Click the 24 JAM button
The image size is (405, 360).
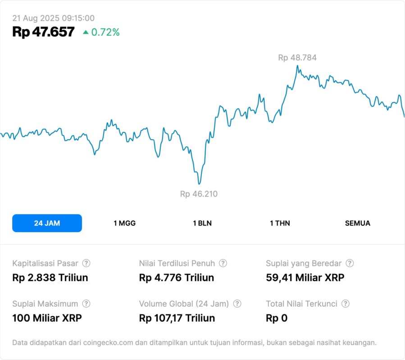(x=47, y=223)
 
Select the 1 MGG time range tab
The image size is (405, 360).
(x=124, y=223)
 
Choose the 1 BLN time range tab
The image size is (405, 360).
(x=202, y=223)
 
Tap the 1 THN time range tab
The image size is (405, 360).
(x=280, y=223)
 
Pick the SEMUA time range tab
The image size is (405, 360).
(x=358, y=223)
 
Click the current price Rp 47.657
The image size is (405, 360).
(x=43, y=32)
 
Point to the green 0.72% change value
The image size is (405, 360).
(x=105, y=32)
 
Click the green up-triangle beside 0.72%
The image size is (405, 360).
(x=86, y=32)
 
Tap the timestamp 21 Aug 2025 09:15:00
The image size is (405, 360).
(x=53, y=18)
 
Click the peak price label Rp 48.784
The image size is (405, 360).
(x=297, y=58)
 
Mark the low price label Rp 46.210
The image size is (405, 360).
(x=199, y=194)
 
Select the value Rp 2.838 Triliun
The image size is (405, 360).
(x=50, y=278)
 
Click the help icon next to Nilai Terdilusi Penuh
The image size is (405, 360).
(x=223, y=263)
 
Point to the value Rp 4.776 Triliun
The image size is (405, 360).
(x=177, y=278)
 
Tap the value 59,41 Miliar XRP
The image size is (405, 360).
(x=305, y=278)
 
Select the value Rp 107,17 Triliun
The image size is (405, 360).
(x=177, y=318)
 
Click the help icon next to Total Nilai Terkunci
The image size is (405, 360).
(x=346, y=304)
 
